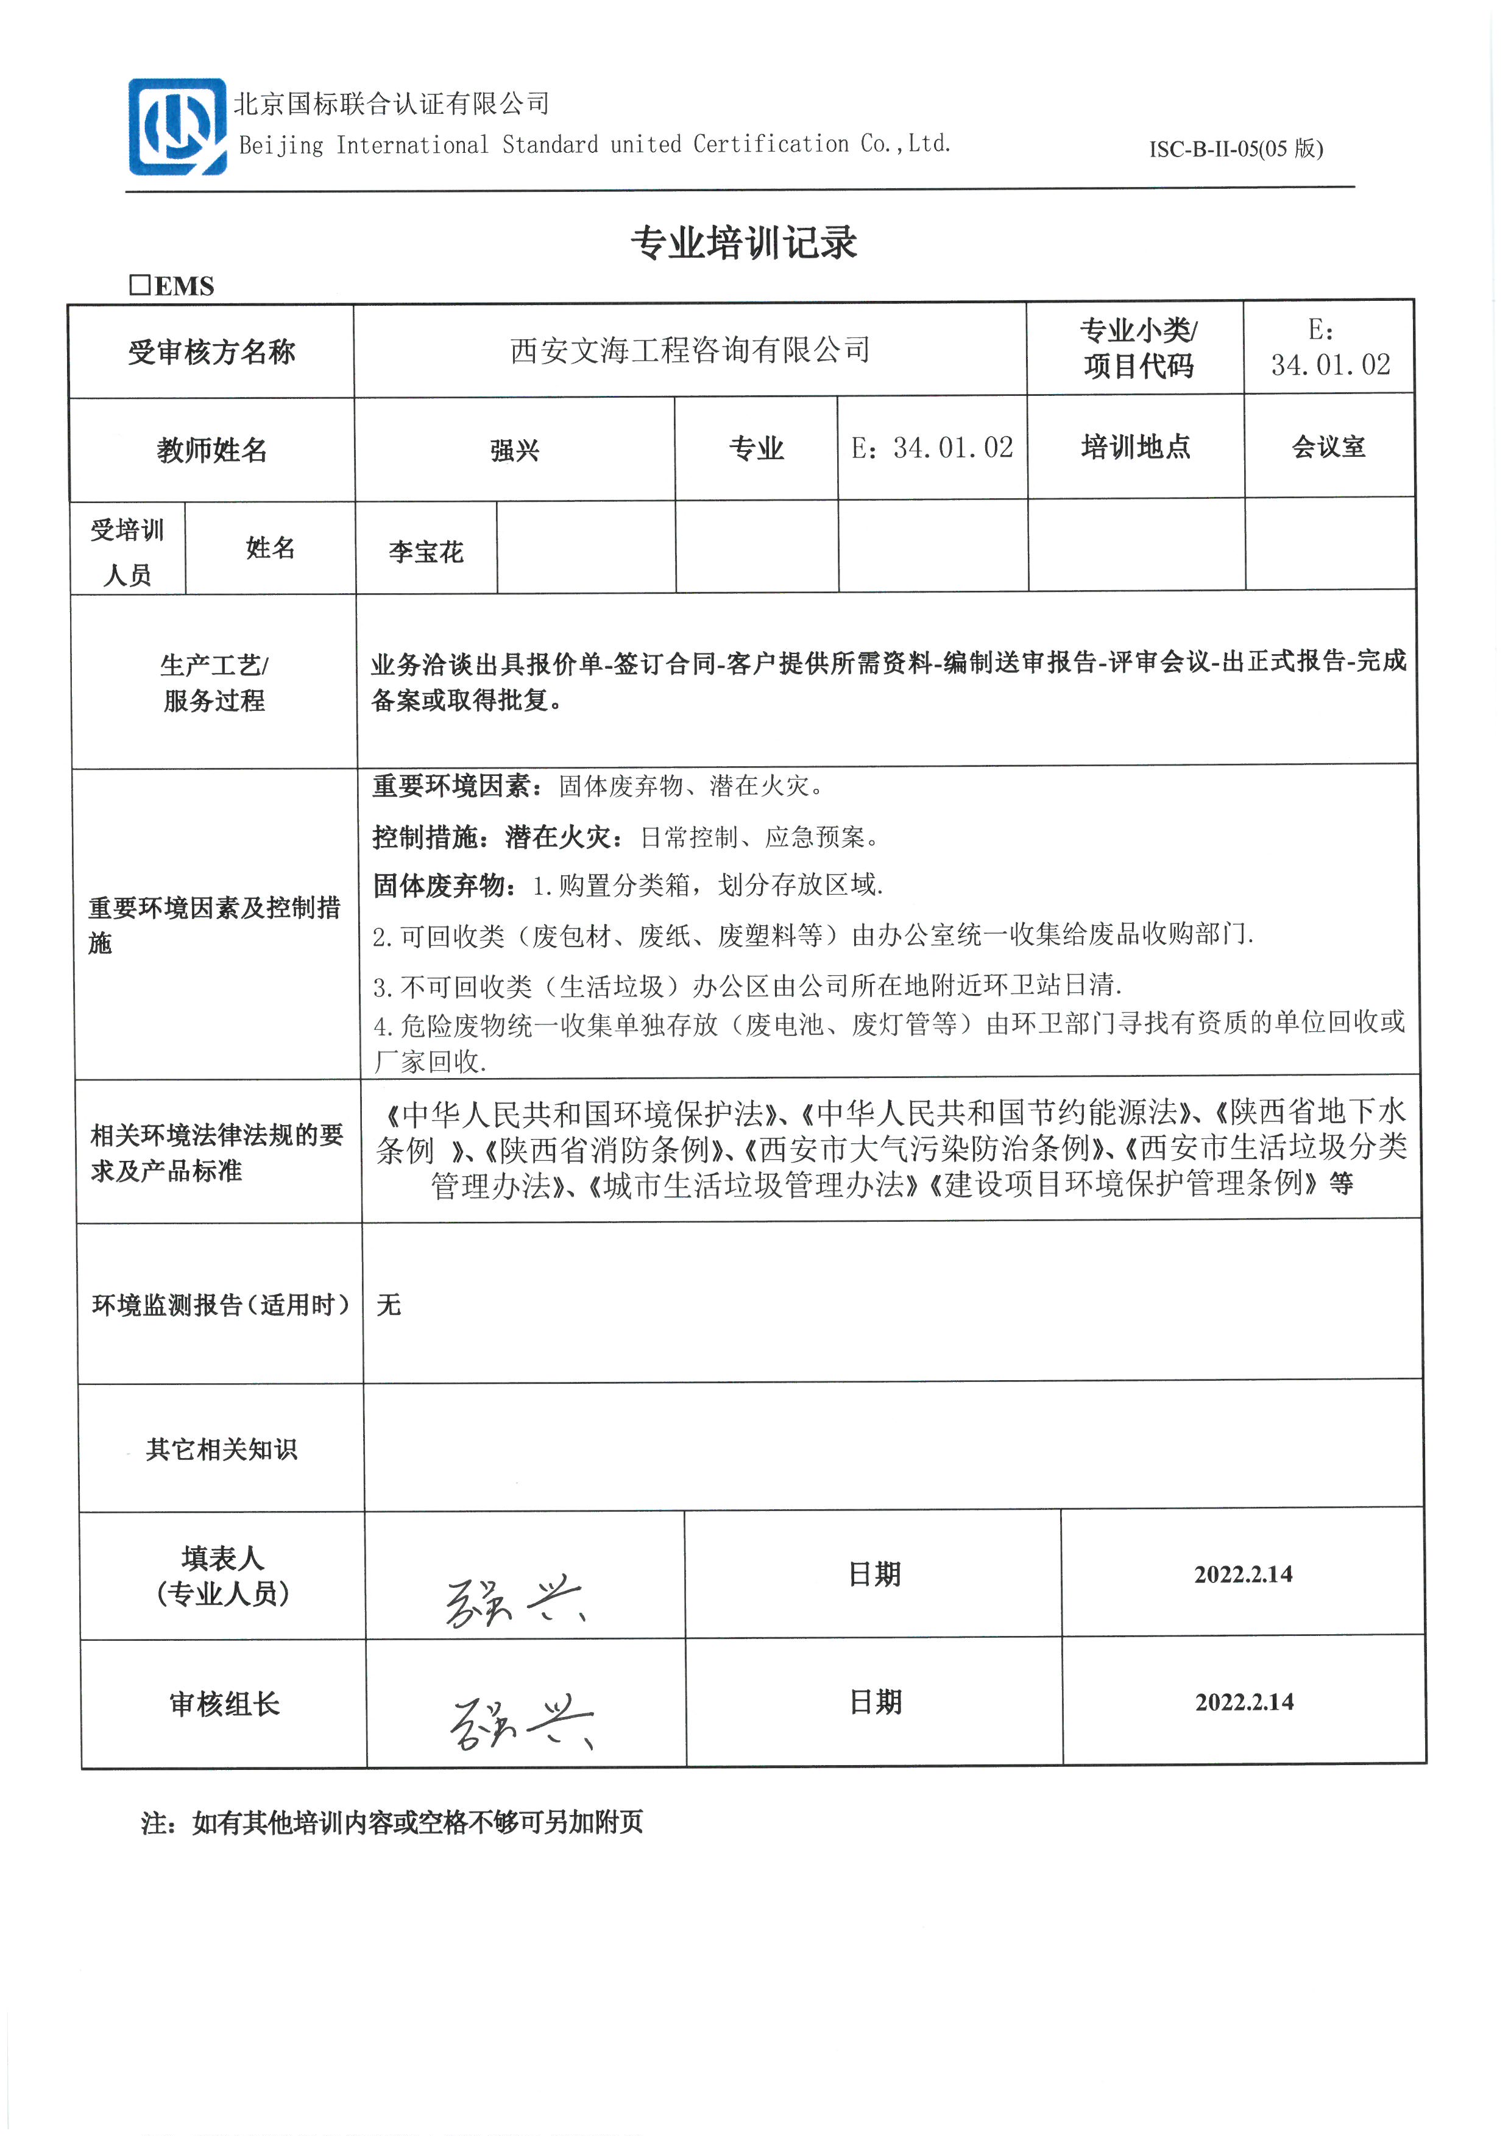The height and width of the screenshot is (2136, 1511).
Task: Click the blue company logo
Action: [x=177, y=127]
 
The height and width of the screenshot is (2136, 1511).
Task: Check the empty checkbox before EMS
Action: [x=140, y=284]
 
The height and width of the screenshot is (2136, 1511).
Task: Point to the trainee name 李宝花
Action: [x=426, y=552]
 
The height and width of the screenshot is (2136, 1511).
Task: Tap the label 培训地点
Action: [x=1135, y=448]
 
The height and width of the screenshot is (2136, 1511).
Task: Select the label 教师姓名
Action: [x=212, y=450]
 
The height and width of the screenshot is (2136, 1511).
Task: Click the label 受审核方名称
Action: [x=211, y=351]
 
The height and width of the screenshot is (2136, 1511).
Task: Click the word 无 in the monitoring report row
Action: [x=389, y=1304]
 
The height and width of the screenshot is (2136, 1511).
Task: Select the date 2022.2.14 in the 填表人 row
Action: [x=1243, y=1574]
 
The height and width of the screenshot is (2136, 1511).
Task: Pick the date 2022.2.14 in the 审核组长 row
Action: [x=1244, y=1702]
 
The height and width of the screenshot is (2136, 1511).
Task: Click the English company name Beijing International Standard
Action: [x=595, y=144]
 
